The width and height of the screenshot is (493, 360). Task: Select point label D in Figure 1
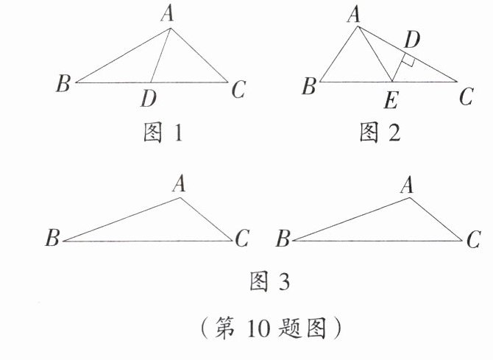[152, 97]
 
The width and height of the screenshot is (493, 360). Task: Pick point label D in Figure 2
[412, 38]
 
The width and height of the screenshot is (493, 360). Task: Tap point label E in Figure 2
[391, 97]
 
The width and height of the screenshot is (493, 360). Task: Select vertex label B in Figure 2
[309, 87]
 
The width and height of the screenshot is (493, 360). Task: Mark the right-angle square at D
[409, 62]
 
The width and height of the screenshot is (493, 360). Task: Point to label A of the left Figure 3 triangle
[179, 183]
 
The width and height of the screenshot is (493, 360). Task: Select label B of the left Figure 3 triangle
[52, 239]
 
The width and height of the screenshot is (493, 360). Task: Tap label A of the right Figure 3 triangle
[406, 184]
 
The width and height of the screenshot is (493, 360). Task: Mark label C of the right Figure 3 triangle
[473, 239]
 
